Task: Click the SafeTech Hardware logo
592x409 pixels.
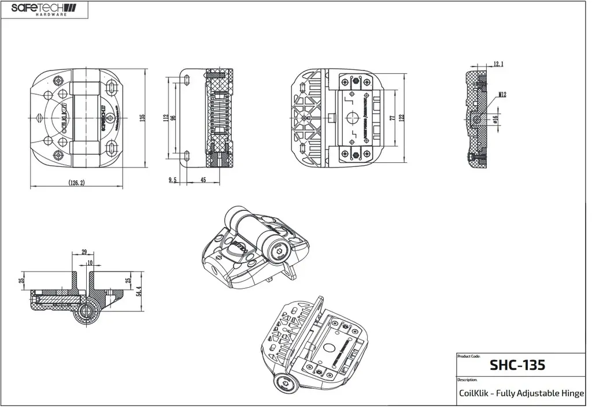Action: click(x=43, y=9)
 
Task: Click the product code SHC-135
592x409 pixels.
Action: click(x=517, y=365)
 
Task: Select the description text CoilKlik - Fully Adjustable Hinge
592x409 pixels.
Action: click(x=520, y=394)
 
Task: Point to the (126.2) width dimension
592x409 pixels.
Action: click(x=77, y=183)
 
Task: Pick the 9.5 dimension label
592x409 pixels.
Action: click(x=172, y=180)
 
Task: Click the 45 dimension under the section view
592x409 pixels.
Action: click(x=202, y=180)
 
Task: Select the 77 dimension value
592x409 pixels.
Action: click(x=392, y=118)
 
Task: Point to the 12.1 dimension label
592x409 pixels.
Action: click(x=498, y=64)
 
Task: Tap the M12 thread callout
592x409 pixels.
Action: click(x=502, y=94)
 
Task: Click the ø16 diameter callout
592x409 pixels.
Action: click(x=495, y=119)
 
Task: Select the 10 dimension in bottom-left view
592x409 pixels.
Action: click(x=89, y=263)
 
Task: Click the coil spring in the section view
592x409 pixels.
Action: click(x=220, y=118)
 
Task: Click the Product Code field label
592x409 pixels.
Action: click(x=468, y=356)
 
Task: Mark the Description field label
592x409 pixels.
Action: click(x=467, y=380)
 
